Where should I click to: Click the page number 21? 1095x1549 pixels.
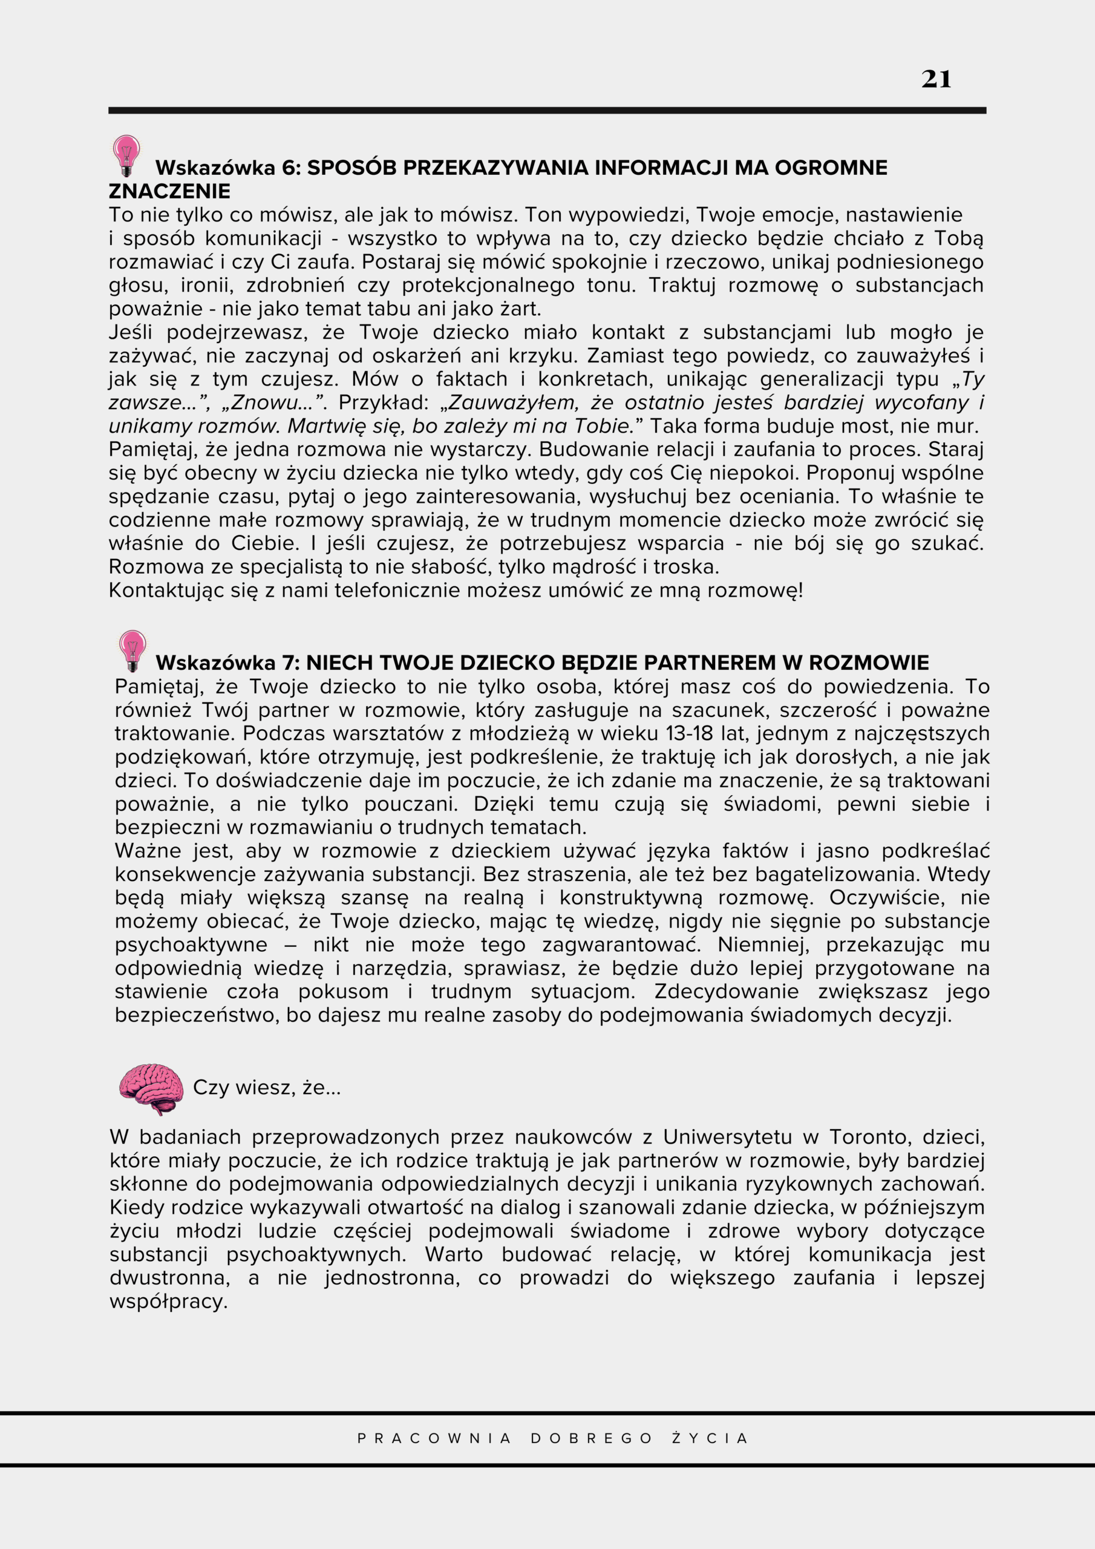point(936,80)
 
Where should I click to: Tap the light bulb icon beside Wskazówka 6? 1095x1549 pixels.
point(126,155)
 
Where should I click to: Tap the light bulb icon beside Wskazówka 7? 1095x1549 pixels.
point(132,650)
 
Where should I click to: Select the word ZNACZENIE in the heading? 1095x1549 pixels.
point(169,192)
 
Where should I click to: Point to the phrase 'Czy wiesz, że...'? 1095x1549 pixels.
point(267,1087)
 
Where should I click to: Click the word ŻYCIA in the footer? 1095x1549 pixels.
point(710,1438)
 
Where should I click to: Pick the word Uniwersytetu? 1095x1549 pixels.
point(727,1137)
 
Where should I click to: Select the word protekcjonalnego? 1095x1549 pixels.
point(488,286)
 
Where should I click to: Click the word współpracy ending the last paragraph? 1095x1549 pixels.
point(168,1302)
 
